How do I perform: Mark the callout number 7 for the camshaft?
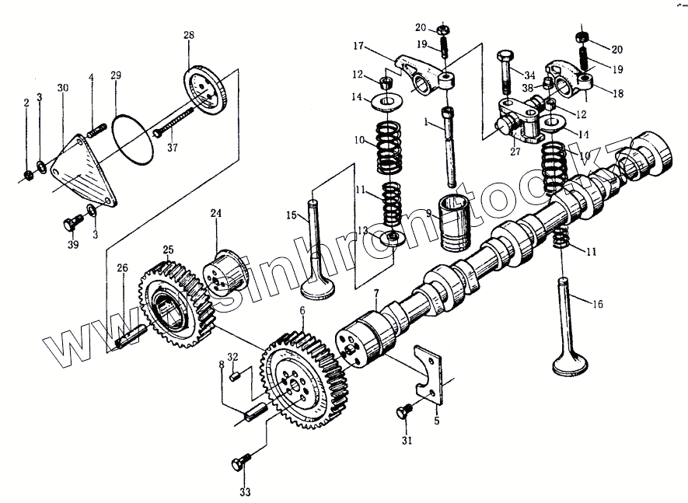(375, 294)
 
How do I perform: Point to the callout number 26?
(121, 269)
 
